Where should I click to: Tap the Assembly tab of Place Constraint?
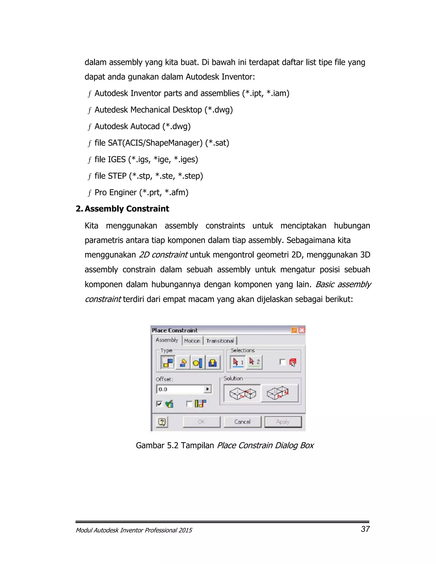click(x=167, y=340)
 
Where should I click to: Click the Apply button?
click(x=283, y=422)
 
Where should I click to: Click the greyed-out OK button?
click(x=201, y=422)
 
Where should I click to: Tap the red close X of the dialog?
click(x=302, y=330)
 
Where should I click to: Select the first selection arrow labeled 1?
click(x=238, y=362)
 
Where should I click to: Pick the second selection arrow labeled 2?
click(x=254, y=362)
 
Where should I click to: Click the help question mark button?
click(x=162, y=422)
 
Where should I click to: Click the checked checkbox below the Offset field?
click(x=159, y=404)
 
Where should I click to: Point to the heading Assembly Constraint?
click(x=127, y=209)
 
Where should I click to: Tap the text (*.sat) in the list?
click(x=217, y=143)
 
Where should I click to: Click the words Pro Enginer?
click(x=115, y=192)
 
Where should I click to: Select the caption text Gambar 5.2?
click(x=157, y=445)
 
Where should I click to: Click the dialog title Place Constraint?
click(x=175, y=330)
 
